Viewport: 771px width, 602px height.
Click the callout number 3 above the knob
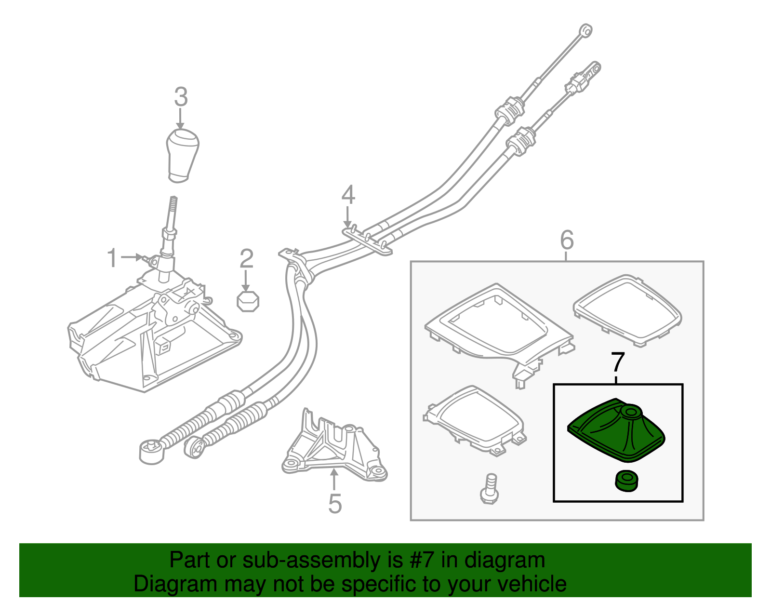click(181, 97)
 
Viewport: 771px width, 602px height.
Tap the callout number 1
click(112, 258)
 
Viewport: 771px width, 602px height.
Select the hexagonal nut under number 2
click(248, 301)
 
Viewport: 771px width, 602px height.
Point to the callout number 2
click(246, 259)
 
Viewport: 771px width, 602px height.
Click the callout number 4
click(348, 195)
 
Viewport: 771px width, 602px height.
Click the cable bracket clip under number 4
click(369, 239)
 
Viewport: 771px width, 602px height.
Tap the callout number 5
click(335, 504)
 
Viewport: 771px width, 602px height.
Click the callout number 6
click(567, 240)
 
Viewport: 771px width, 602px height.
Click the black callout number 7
click(618, 362)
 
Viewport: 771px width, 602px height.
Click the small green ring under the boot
click(627, 481)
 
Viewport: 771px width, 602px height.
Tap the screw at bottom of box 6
click(489, 489)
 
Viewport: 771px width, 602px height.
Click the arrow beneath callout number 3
click(181, 119)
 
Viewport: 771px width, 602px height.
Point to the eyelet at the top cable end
click(585, 30)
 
